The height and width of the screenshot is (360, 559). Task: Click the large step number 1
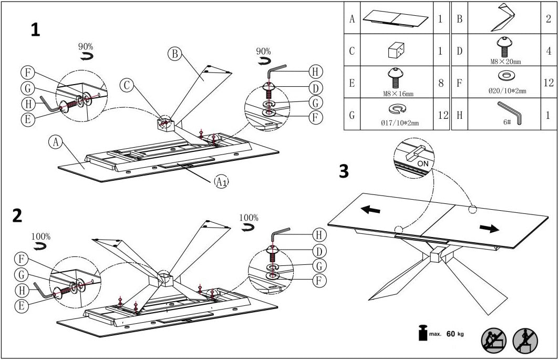click(35, 30)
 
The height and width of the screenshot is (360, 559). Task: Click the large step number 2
click(17, 215)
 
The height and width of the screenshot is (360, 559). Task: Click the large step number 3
click(344, 171)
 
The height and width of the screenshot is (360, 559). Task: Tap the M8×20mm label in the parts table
click(506, 62)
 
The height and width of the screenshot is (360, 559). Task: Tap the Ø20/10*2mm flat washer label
click(507, 91)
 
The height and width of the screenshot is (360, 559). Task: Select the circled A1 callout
click(221, 182)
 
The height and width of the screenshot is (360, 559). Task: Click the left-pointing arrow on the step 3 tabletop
click(371, 209)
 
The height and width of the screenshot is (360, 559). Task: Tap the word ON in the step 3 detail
click(422, 162)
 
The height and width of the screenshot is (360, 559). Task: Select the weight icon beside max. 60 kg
click(422, 333)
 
